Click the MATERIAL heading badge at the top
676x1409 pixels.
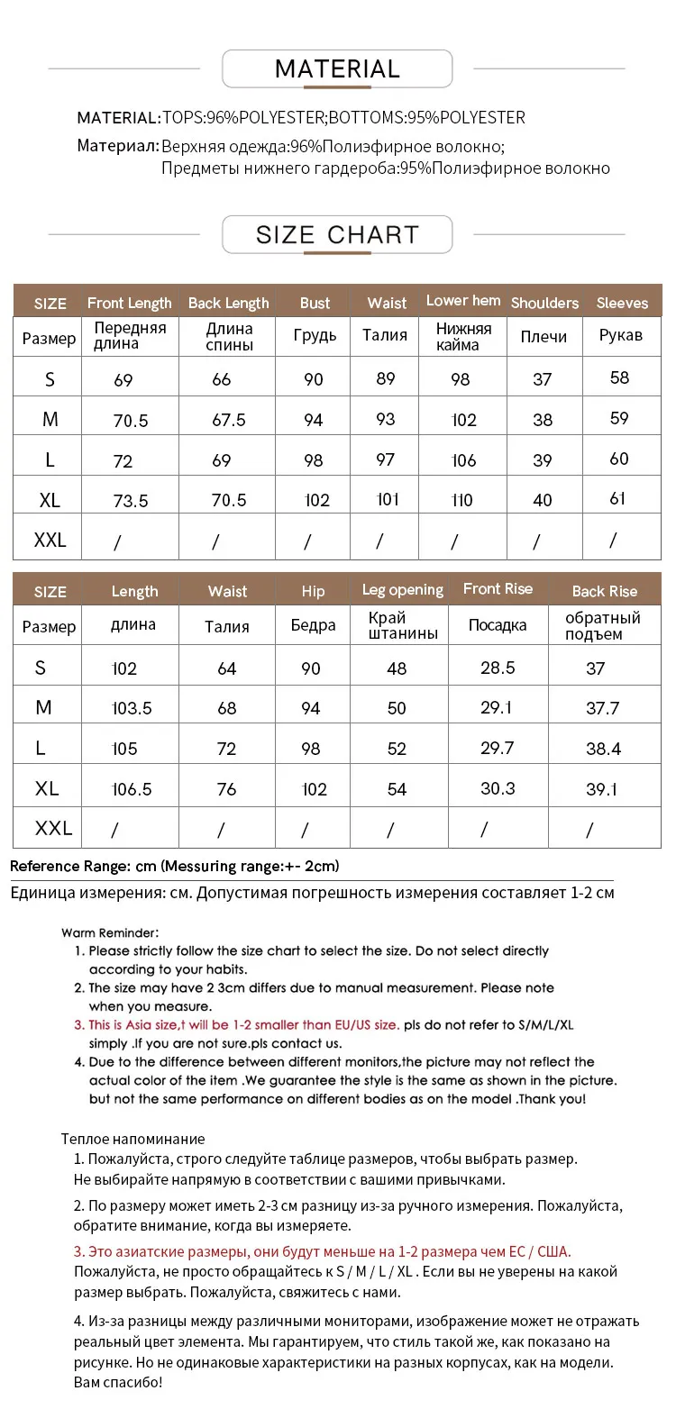point(337,69)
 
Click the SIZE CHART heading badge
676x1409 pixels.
point(337,235)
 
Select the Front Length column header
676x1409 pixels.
point(129,303)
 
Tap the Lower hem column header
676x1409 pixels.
point(463,301)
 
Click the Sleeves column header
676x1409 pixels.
point(622,303)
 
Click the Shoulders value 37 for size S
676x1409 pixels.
point(542,379)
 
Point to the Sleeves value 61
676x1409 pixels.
point(617,498)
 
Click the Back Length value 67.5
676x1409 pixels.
point(228,420)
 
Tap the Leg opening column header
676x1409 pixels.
point(403,590)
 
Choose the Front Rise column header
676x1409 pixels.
point(498,589)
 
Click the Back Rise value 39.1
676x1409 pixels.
point(602,789)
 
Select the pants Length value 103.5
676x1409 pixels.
point(132,709)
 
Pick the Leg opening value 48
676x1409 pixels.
point(397,668)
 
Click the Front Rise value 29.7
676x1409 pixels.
point(498,748)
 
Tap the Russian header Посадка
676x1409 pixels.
point(498,625)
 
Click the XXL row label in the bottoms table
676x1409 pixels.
point(53,828)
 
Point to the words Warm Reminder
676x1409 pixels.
point(110,932)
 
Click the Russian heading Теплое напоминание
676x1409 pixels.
point(133,1139)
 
